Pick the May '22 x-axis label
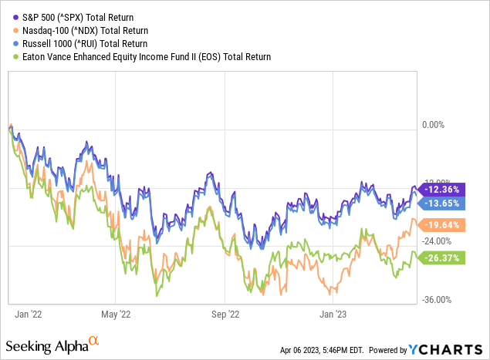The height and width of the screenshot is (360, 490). click(x=114, y=314)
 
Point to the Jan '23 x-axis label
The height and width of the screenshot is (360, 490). click(x=333, y=314)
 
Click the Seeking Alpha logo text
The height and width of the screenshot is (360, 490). click(x=51, y=343)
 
